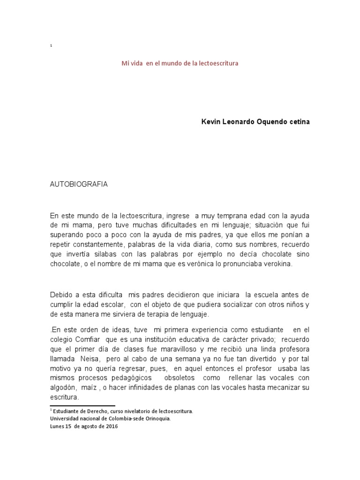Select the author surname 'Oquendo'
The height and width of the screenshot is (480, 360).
pyautogui.click(x=271, y=121)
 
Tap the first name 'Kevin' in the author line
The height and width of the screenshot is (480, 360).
pyautogui.click(x=210, y=121)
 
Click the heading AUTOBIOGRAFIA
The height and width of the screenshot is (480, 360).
pyautogui.click(x=79, y=184)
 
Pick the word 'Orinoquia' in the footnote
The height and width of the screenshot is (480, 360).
pyautogui.click(x=156, y=419)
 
